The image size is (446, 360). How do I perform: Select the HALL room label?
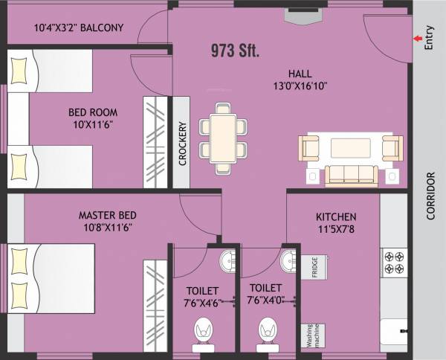pyautogui.click(x=300, y=73)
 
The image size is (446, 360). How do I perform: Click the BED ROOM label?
pyautogui.click(x=93, y=112)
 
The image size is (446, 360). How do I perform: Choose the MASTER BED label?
pyautogui.click(x=107, y=216)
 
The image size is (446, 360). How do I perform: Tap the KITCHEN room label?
pyautogui.click(x=333, y=216)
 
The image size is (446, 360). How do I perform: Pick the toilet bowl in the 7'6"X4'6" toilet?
pyautogui.click(x=202, y=330)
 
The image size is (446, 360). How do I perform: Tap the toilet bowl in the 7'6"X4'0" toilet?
pyautogui.click(x=266, y=330)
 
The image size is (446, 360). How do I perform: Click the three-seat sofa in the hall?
pyautogui.click(x=352, y=174)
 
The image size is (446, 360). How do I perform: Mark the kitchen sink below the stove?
pyautogui.click(x=393, y=330)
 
